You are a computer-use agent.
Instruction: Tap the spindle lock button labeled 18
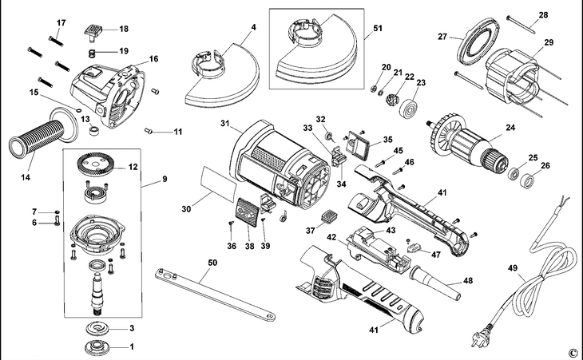[x=94, y=33]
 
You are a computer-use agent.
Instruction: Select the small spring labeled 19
[x=93, y=53]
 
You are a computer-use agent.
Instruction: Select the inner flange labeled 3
[x=99, y=328]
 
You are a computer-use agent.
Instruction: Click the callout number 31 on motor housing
[x=225, y=125]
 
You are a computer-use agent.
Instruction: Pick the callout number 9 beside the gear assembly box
[x=164, y=180]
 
